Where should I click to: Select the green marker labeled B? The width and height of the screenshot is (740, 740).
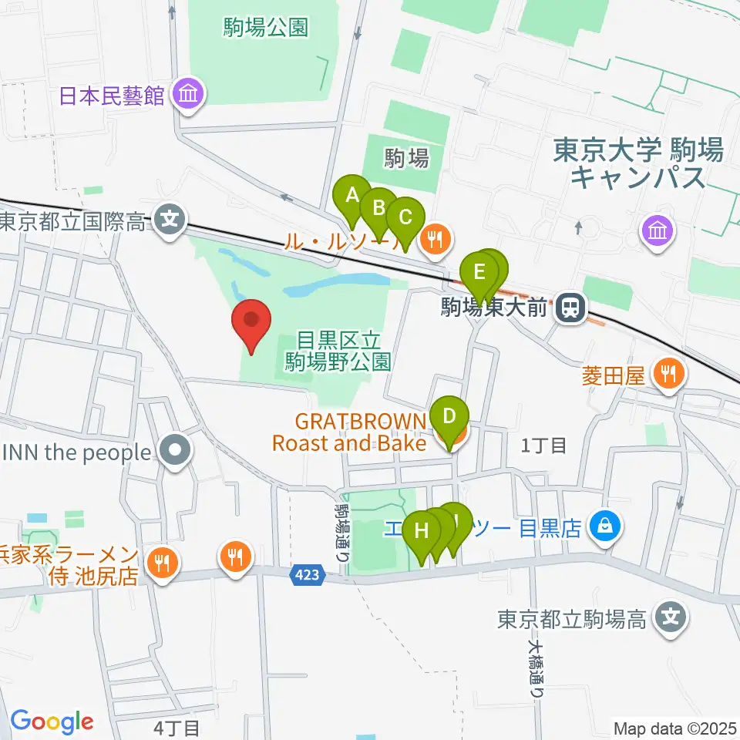[378, 209]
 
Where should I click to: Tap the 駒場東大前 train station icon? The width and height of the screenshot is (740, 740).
[571, 308]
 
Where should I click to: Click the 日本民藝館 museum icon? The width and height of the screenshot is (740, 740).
[188, 96]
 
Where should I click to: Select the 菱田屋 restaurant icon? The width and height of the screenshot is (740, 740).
[665, 375]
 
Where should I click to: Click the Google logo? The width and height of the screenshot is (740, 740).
[52, 721]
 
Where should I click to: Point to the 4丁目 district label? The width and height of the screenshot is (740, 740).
[177, 727]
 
